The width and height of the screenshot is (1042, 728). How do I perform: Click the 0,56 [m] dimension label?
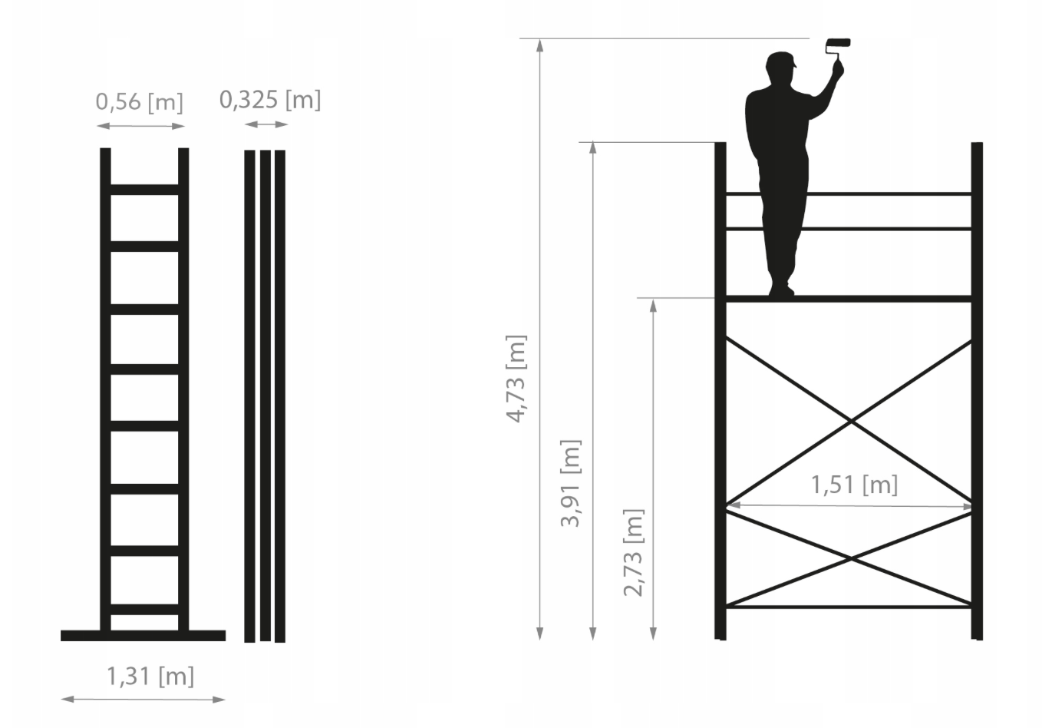139,102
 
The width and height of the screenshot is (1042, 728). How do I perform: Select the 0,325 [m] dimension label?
270,100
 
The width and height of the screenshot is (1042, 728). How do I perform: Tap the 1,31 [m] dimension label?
150,677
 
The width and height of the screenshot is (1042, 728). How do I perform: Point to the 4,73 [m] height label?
516,379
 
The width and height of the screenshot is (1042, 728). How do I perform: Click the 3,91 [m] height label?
571,483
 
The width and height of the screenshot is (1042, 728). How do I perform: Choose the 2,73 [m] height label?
634,552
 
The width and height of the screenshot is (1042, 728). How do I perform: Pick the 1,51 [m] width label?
854,485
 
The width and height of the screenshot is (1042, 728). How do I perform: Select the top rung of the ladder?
144,190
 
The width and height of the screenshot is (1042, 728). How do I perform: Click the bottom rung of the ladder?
144,609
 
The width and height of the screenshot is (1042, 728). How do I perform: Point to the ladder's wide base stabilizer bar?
143,635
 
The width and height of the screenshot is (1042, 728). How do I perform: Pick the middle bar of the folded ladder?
265,395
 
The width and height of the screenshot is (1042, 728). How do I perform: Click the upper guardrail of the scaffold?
849,194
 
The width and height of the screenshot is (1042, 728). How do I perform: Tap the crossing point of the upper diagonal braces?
851,422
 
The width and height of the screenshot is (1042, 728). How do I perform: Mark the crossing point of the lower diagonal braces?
851,558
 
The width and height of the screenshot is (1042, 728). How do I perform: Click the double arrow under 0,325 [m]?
266,124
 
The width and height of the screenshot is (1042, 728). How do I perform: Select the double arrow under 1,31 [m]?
143,699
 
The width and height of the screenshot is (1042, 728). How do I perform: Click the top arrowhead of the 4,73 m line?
539,45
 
